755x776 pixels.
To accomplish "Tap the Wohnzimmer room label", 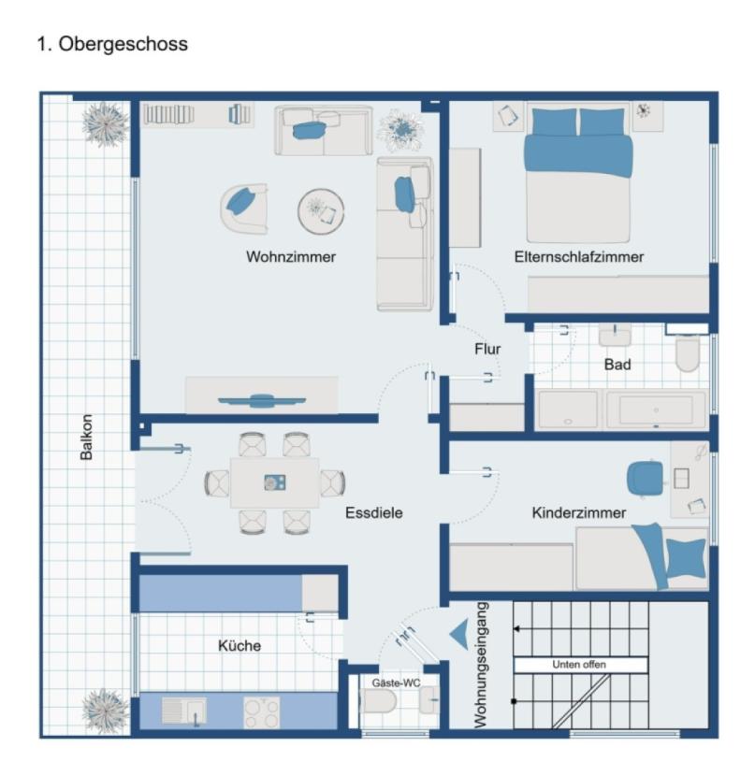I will click(291, 256).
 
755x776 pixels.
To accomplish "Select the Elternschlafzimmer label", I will click(578, 256).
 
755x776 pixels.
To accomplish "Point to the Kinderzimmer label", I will click(579, 512).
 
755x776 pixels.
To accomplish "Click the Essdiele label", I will click(373, 512).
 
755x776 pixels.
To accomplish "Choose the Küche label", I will click(240, 645).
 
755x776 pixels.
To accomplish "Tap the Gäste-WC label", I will click(397, 683).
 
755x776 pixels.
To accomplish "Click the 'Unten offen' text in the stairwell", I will click(580, 665).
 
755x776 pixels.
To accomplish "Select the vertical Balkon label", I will click(87, 437).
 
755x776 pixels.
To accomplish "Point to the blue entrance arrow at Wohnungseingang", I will click(459, 634).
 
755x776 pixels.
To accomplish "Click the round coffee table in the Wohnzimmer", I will click(321, 210).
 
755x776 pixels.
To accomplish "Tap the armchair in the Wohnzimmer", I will click(243, 207).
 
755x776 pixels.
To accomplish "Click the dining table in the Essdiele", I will click(274, 482).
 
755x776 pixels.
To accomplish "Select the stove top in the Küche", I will click(262, 712).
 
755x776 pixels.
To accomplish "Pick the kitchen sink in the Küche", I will click(185, 712).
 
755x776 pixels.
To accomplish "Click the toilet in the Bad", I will click(688, 352).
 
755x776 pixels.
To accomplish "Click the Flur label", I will click(487, 349).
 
